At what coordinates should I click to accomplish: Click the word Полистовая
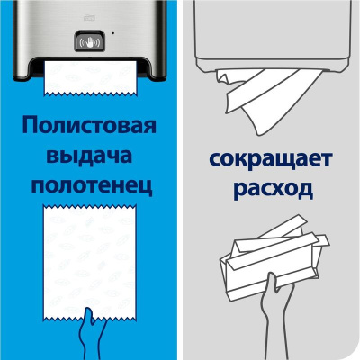click(89, 126)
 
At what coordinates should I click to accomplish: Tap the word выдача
click(89, 156)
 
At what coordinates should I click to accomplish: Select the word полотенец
click(92, 186)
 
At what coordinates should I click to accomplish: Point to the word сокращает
click(271, 159)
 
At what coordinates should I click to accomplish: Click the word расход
click(274, 190)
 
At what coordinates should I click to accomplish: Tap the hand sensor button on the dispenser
click(89, 41)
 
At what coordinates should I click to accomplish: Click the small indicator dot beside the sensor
click(112, 32)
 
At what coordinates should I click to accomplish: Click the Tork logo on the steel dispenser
click(89, 19)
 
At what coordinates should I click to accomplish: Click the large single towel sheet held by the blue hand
click(90, 261)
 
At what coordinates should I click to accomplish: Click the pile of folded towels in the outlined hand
click(274, 255)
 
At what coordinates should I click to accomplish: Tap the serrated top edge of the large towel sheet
click(90, 206)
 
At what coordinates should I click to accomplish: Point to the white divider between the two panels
click(180, 180)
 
